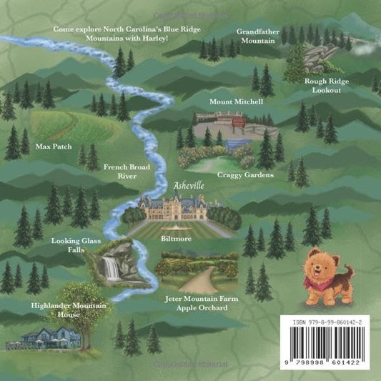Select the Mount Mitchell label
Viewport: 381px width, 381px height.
[236, 102]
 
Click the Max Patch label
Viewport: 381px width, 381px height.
[51, 145]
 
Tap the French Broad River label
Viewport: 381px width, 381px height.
[126, 171]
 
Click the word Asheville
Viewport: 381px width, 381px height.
[189, 185]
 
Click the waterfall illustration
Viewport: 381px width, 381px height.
[111, 268]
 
